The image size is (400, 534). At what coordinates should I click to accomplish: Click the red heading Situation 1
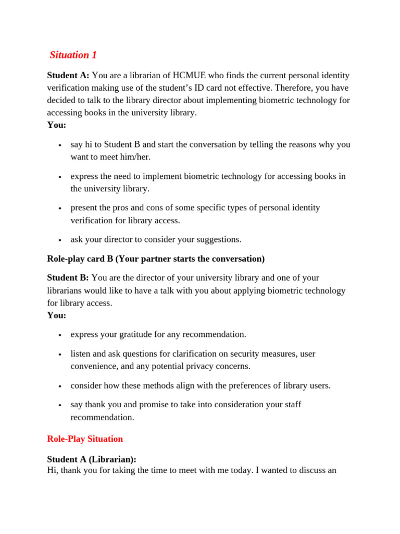click(73, 55)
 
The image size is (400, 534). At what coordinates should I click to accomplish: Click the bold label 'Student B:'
click(68, 277)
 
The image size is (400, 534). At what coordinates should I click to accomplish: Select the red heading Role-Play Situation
click(85, 439)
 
